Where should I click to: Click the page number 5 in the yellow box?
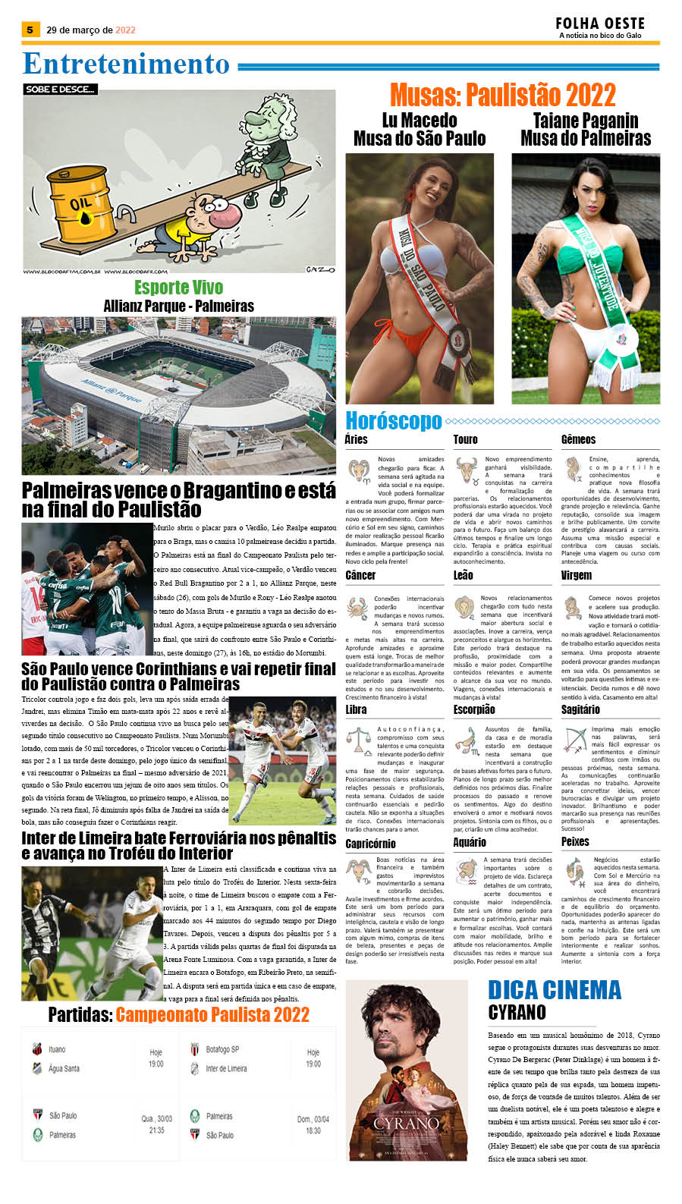pos(30,30)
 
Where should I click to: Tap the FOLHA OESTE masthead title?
pos(599,24)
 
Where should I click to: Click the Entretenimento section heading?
pos(126,64)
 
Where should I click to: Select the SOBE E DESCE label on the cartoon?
pos(60,90)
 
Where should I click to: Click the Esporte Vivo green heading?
pos(178,288)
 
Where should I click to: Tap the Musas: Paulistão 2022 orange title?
pos(502,96)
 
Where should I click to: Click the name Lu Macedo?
pos(420,121)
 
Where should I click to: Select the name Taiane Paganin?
pos(585,121)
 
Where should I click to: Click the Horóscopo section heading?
pos(393,420)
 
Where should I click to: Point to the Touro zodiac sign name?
pos(465,439)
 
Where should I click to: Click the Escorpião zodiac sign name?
pos(474,709)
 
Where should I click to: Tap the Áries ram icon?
pos(359,470)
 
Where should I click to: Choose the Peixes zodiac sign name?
pos(575,841)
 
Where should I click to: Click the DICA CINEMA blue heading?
pos(555,990)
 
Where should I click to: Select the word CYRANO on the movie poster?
pos(407,1123)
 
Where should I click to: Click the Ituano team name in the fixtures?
pos(57,1049)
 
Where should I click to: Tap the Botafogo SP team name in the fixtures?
pos(222,1049)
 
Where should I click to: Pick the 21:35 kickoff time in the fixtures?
pos(156,1130)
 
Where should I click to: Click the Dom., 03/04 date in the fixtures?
pos(313,1119)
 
